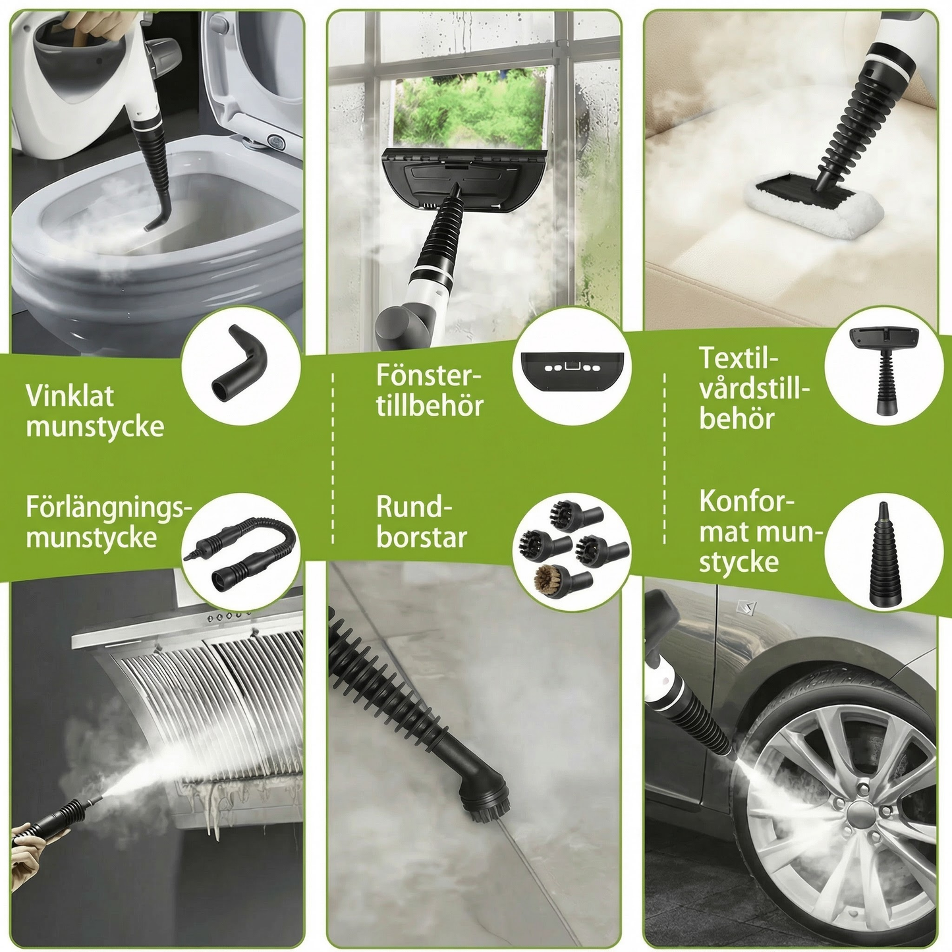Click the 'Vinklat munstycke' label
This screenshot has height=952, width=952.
click(95, 411)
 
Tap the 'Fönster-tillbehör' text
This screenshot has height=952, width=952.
click(430, 391)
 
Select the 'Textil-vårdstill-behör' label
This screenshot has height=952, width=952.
click(753, 389)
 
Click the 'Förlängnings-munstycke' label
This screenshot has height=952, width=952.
click(108, 522)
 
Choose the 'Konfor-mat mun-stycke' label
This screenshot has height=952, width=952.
click(760, 531)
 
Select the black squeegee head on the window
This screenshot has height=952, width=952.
click(464, 179)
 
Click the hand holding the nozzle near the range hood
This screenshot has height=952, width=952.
click(30, 851)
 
